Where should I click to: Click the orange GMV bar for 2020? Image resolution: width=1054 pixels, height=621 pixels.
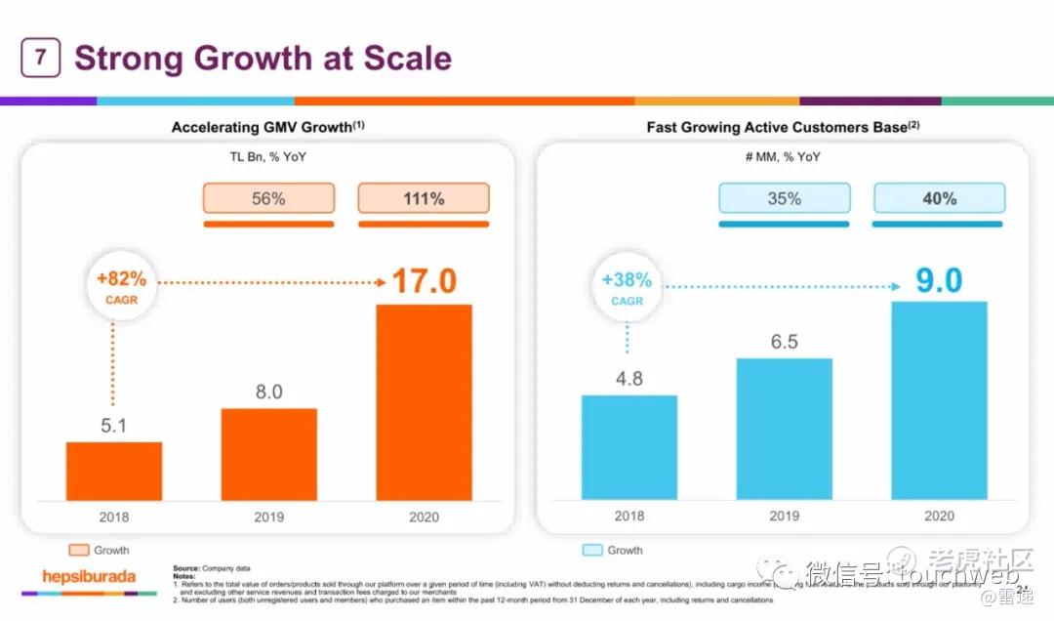tap(424, 402)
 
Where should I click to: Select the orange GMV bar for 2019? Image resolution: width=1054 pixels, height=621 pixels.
tap(269, 454)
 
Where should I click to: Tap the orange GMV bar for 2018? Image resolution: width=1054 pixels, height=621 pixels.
tap(114, 471)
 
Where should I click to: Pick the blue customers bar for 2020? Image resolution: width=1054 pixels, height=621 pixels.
tap(939, 400)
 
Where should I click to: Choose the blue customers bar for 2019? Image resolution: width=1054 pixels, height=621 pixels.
tap(784, 429)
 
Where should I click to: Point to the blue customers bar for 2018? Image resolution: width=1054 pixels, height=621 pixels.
tap(629, 447)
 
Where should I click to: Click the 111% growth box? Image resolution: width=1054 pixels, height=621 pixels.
tap(424, 198)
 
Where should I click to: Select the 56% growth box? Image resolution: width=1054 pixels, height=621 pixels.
tap(268, 198)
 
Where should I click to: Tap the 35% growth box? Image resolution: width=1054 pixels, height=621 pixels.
tap(784, 198)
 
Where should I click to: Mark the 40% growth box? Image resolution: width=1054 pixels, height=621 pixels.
tap(939, 198)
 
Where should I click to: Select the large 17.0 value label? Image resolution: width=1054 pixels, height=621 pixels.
tap(424, 281)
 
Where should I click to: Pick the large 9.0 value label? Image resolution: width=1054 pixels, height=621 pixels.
tap(938, 281)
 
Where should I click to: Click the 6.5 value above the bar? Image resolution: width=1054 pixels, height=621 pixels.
tap(784, 342)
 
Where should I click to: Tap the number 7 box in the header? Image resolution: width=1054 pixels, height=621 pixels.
tap(40, 58)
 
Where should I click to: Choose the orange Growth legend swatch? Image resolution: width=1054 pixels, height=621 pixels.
tap(78, 550)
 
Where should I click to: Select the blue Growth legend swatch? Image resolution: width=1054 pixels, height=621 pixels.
tap(591, 550)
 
